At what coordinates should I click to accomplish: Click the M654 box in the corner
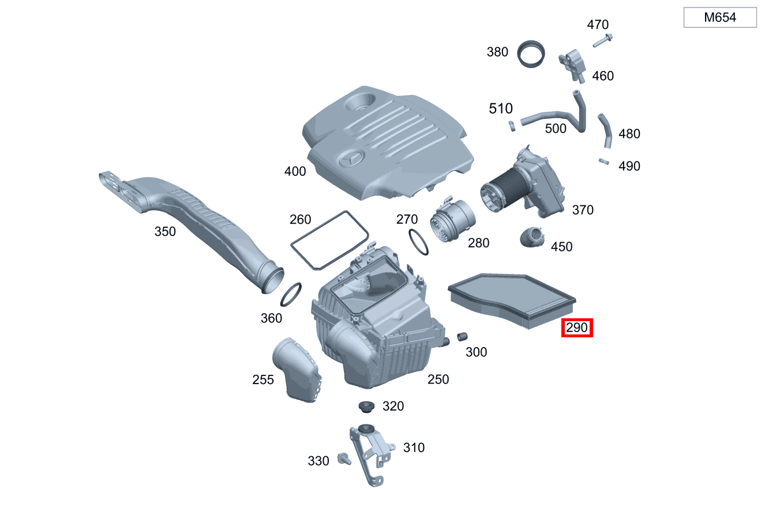[x=720, y=18]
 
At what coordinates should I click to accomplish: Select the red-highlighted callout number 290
[x=577, y=328]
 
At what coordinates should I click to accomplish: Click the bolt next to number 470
[x=602, y=40]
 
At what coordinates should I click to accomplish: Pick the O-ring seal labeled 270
[x=418, y=242]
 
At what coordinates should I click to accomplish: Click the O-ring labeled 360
[x=292, y=295]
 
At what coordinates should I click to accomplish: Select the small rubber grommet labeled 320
[x=366, y=407]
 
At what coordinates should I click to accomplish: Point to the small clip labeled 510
[x=512, y=125]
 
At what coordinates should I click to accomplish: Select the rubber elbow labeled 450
[x=532, y=238]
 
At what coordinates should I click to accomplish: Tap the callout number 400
[x=295, y=171]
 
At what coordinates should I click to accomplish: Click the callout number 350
[x=165, y=232]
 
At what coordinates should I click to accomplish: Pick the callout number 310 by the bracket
[x=414, y=447]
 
